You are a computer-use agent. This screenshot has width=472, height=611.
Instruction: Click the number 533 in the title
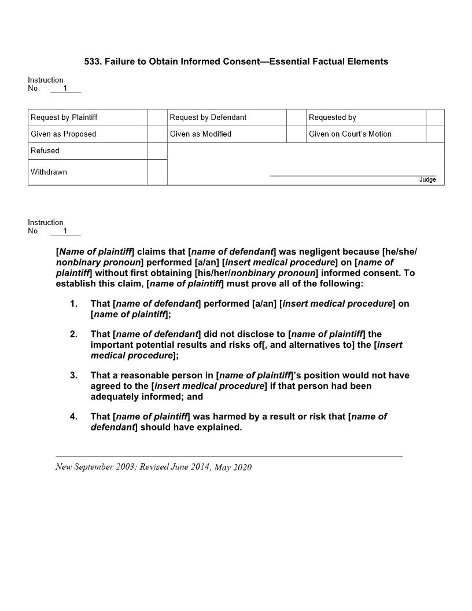[93, 61]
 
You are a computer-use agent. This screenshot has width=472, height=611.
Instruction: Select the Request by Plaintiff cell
[64, 117]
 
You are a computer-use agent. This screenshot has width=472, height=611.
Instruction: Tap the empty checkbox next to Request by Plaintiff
[157, 117]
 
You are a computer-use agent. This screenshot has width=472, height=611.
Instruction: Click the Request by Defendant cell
[208, 117]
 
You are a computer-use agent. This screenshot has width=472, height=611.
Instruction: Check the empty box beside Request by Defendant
[296, 117]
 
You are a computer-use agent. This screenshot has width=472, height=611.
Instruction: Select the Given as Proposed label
[63, 134]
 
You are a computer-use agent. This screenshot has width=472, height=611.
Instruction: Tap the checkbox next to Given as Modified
[296, 134]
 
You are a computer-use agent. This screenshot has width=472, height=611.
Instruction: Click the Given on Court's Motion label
[350, 134]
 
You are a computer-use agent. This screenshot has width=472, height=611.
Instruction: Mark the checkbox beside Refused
[157, 151]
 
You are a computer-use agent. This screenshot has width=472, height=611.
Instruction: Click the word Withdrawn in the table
[49, 172]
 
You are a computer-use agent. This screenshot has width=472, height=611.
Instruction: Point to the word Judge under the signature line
[427, 180]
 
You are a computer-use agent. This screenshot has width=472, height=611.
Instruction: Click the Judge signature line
[353, 175]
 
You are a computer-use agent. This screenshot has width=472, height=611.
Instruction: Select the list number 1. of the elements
[73, 304]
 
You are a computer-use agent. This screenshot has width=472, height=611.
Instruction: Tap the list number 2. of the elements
[73, 334]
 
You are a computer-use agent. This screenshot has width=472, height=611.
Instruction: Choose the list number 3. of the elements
[73, 376]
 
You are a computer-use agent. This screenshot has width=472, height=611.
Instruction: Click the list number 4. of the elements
[73, 417]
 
